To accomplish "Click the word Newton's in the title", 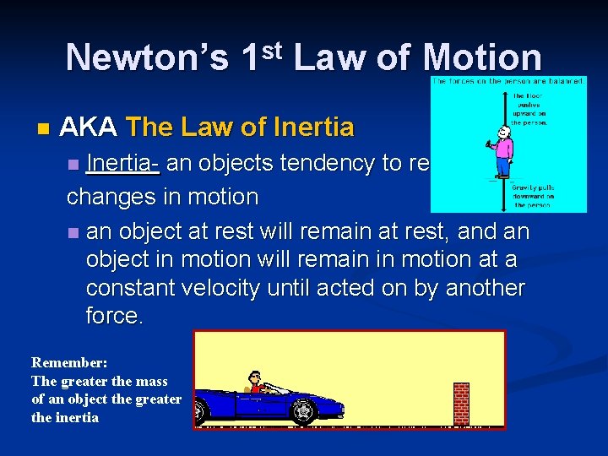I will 147,58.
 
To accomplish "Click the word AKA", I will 90,128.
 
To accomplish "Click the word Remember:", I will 69,362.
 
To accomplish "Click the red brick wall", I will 460,404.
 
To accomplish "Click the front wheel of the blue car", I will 303,411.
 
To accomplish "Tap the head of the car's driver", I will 255,377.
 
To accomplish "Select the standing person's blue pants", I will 503,169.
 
